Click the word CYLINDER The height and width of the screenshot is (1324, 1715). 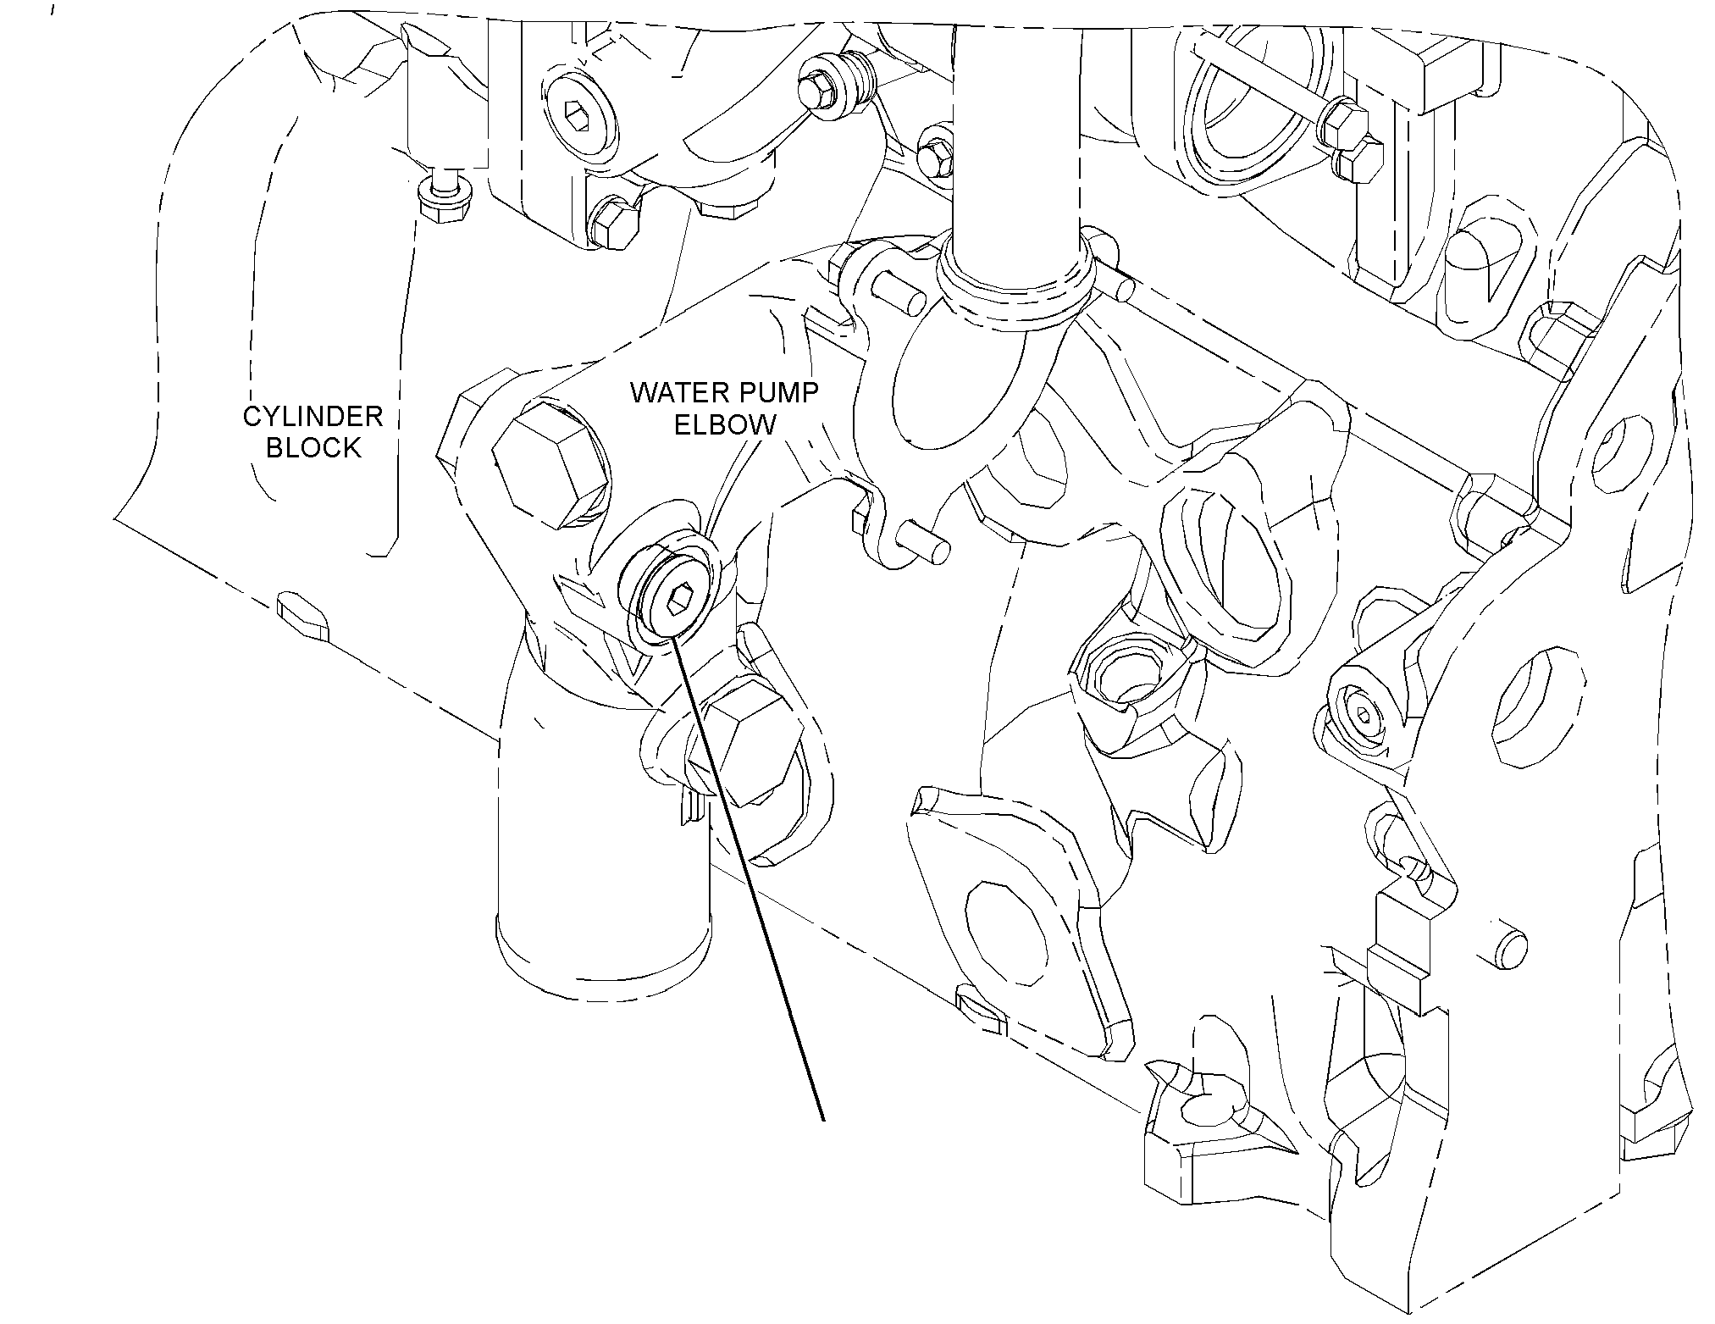pos(313,417)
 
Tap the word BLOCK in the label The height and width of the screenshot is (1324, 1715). pos(313,447)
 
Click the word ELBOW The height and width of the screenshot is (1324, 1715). pos(725,424)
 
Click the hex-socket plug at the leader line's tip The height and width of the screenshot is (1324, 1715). pos(674,598)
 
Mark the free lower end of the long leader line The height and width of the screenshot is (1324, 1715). pos(822,1121)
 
